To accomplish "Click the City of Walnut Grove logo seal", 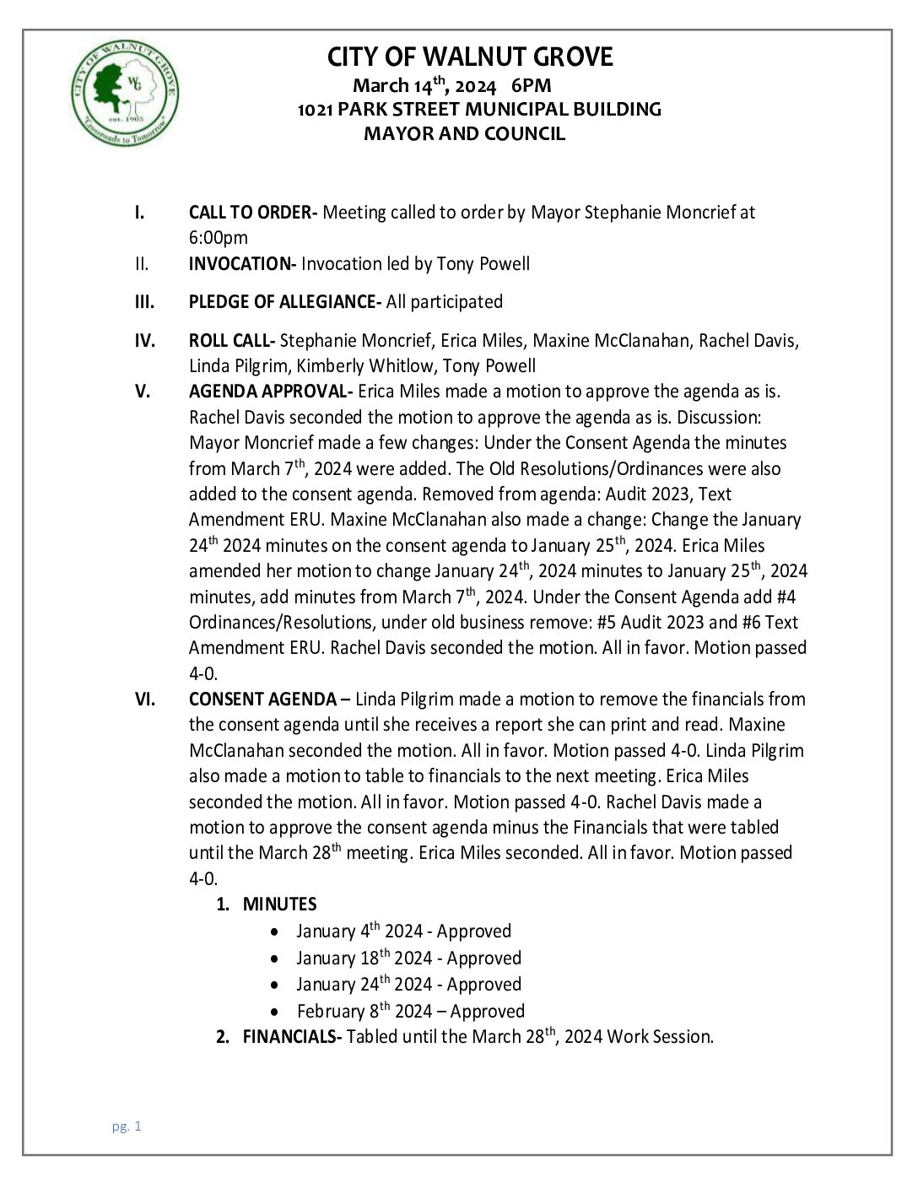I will pyautogui.click(x=125, y=93).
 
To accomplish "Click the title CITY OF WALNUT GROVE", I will pyautogui.click(x=470, y=57).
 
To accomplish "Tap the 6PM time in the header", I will pyautogui.click(x=531, y=85).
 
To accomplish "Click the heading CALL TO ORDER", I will pyautogui.click(x=251, y=213).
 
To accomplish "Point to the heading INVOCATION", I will pyautogui.click(x=241, y=264).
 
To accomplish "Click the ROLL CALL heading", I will pyautogui.click(x=231, y=341).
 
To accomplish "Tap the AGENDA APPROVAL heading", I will pyautogui.click(x=270, y=391).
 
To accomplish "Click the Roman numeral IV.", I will pyautogui.click(x=144, y=341).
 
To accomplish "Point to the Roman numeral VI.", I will pyautogui.click(x=144, y=699).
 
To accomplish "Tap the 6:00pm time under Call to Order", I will pyautogui.click(x=219, y=238).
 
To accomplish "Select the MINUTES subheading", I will pyautogui.click(x=279, y=904).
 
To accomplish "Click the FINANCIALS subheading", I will pyautogui.click(x=291, y=1037).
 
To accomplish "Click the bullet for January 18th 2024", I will pyautogui.click(x=275, y=959).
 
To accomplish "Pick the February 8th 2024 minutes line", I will pyautogui.click(x=410, y=1012).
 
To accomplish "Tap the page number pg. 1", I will pyautogui.click(x=127, y=1126).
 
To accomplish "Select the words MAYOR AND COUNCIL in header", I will pyautogui.click(x=464, y=133).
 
